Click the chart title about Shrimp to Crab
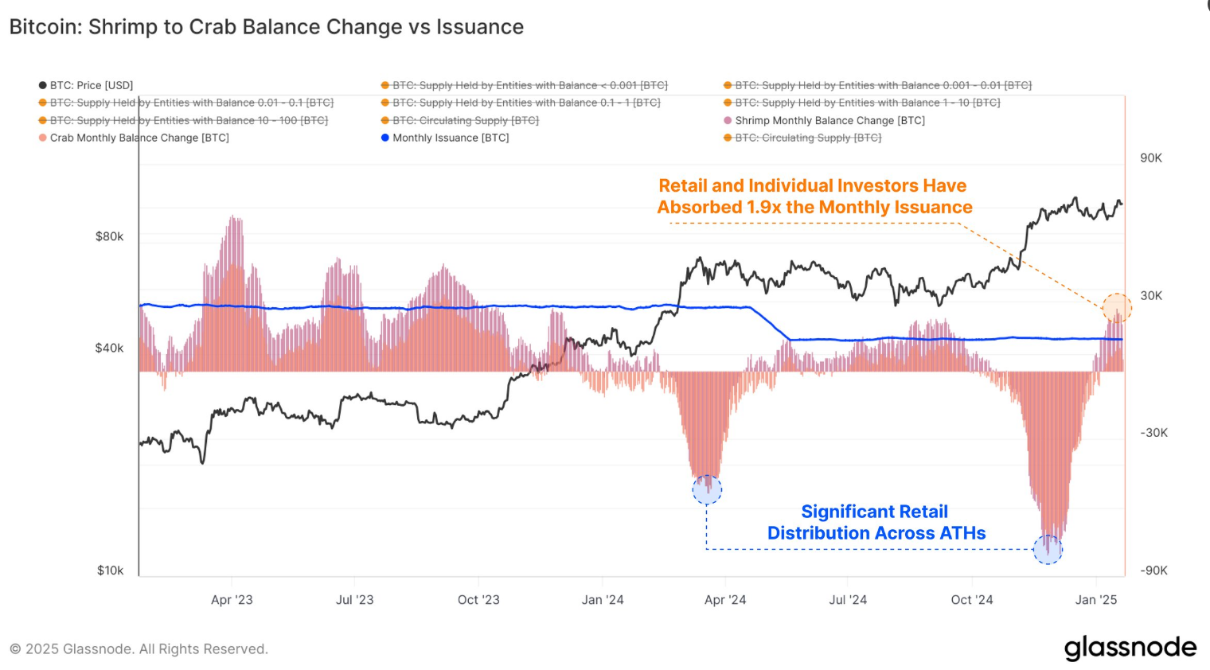click(x=267, y=27)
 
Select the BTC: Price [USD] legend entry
click(x=86, y=85)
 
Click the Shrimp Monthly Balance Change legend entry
click(x=825, y=120)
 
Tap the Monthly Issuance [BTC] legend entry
click(x=445, y=138)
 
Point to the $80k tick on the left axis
click(x=109, y=236)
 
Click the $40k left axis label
click(x=109, y=349)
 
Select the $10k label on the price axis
click(x=110, y=571)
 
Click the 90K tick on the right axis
click(x=1150, y=158)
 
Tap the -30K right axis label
click(x=1153, y=433)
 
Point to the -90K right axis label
click(x=1153, y=571)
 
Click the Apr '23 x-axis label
click(x=232, y=600)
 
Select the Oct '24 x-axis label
click(x=972, y=600)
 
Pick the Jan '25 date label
click(x=1096, y=600)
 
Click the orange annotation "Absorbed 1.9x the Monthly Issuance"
click(x=814, y=208)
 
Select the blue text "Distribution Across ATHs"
click(x=876, y=533)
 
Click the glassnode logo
click(x=1130, y=648)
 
